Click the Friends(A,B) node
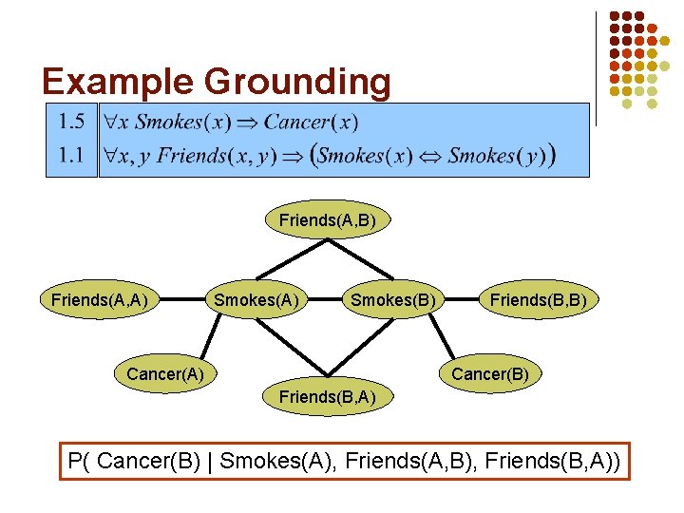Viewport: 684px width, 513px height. click(x=328, y=220)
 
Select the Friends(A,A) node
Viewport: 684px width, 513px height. click(x=99, y=300)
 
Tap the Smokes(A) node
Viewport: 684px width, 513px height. click(x=256, y=300)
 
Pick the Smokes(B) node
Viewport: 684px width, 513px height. click(x=393, y=300)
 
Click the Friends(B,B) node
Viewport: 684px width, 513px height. click(x=544, y=300)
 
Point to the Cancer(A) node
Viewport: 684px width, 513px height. click(x=165, y=373)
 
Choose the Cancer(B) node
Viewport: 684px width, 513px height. click(x=490, y=373)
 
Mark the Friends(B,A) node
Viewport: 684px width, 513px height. click(x=328, y=395)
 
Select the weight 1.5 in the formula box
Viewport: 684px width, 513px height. click(x=71, y=122)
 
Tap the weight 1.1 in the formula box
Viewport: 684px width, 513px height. click(x=71, y=154)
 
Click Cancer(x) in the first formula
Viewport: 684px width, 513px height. click(x=311, y=122)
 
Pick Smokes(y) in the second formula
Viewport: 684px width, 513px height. click(x=498, y=155)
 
